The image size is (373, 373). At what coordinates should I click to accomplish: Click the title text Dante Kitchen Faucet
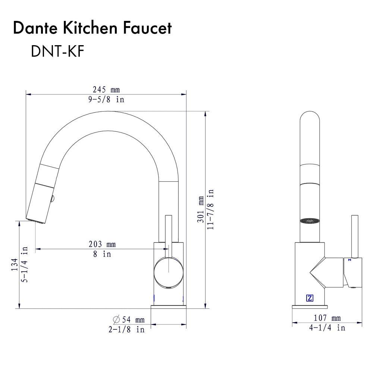coord(92,28)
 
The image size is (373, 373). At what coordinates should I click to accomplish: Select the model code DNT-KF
coord(57,52)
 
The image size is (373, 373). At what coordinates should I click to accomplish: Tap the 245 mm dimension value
coord(106,90)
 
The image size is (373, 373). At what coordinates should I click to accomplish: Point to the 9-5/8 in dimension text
coord(106,100)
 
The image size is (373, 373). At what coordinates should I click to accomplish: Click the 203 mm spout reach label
coord(102,244)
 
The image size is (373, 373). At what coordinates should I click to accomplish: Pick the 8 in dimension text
coord(102,254)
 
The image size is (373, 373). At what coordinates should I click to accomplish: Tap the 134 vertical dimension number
coord(14,265)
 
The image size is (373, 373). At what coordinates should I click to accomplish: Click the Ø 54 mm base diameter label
coord(128,320)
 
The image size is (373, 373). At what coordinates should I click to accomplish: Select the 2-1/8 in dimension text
coord(126,330)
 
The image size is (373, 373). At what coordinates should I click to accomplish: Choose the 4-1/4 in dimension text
coord(327,328)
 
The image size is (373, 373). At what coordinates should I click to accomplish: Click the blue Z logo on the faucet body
coord(310,298)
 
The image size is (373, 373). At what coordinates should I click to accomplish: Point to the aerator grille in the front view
coord(310,220)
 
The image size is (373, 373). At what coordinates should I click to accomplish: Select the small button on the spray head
coord(53,199)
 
